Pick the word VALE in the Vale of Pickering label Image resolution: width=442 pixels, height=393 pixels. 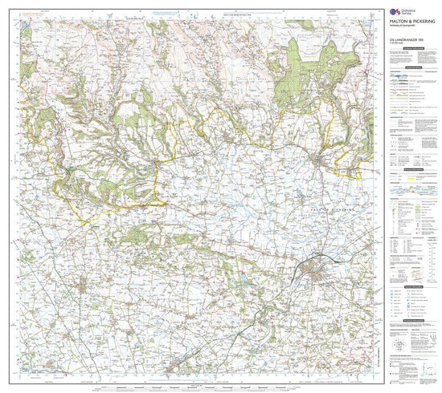pyautogui.click(x=325, y=206)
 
